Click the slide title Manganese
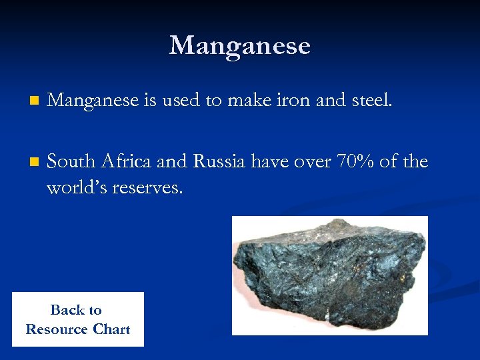pos(239,45)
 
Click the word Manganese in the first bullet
pos(93,101)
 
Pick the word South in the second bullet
pos(70,162)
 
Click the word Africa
pos(129,162)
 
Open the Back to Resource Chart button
pos(77,319)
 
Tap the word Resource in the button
pos(57,329)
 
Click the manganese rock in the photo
pos(329,273)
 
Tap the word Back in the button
pos(66,310)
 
